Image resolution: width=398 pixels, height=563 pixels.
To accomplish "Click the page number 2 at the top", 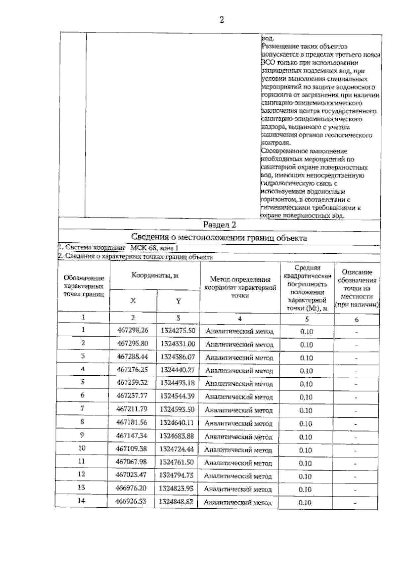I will [x=222, y=20].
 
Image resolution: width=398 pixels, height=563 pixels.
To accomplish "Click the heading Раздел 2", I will [x=219, y=225].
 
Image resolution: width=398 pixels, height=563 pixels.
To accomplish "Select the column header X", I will [x=133, y=301].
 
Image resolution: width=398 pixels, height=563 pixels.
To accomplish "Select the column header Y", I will [x=178, y=301].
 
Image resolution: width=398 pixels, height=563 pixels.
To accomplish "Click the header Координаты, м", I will [x=155, y=276].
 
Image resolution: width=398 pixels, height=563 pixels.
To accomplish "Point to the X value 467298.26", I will [x=133, y=330].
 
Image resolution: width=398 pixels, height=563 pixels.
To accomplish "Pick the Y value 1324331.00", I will [x=178, y=344].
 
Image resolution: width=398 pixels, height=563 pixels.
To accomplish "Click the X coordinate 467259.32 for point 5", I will [x=132, y=383].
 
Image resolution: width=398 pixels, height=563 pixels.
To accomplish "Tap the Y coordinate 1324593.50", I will [x=177, y=409].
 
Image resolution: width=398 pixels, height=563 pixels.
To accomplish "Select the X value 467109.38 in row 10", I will [x=131, y=449].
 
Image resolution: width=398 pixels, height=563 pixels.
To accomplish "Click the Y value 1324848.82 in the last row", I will [x=176, y=502].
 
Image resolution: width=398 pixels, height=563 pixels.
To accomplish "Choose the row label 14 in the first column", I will [x=81, y=501].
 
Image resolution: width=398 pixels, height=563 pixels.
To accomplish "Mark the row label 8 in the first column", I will [x=82, y=422].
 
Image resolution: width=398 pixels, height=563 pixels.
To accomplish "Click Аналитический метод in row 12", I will [x=238, y=476].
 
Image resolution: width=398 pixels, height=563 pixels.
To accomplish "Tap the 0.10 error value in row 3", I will [x=306, y=358].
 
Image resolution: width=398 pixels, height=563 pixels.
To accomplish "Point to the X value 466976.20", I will [x=131, y=488].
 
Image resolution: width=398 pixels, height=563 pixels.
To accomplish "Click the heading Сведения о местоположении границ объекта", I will [x=219, y=237].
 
